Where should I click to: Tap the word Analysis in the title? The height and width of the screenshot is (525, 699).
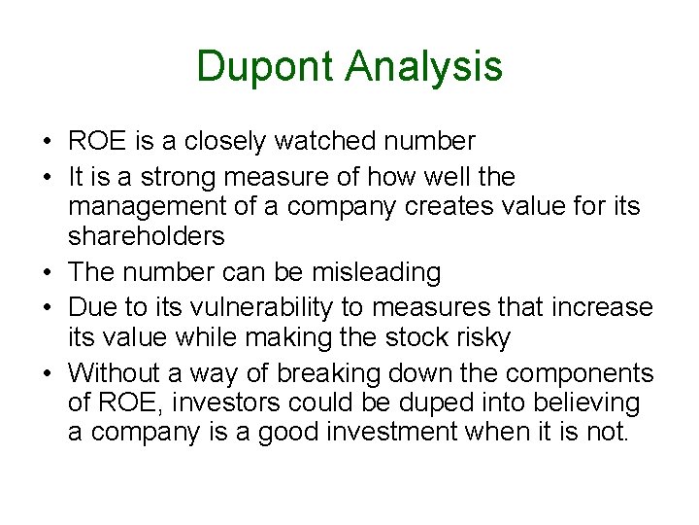point(423,66)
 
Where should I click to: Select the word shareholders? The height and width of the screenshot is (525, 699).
point(146,236)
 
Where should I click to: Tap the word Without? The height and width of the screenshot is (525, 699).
point(116,373)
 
